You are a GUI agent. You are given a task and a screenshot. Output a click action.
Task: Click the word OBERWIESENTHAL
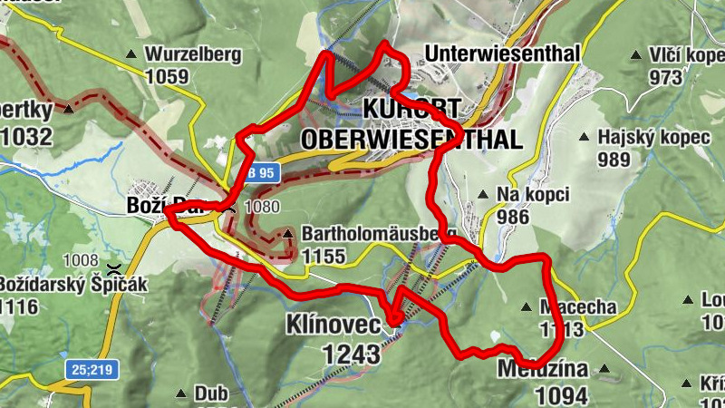pyautogui.click(x=411, y=140)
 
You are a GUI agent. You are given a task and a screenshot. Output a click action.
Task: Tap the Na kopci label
pyautogui.click(x=532, y=194)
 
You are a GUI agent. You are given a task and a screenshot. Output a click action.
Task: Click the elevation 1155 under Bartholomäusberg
pyautogui.click(x=324, y=257)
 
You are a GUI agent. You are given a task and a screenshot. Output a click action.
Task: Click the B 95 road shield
pyautogui.click(x=261, y=172)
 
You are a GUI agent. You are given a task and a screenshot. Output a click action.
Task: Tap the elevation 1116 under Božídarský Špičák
pyautogui.click(x=20, y=306)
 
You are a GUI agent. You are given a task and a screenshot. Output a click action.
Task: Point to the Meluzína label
pyautogui.click(x=542, y=370)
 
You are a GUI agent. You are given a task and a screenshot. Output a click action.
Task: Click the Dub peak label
pyautogui.click(x=211, y=394)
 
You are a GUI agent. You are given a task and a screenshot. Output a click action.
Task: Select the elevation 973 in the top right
pyautogui.click(x=666, y=77)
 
